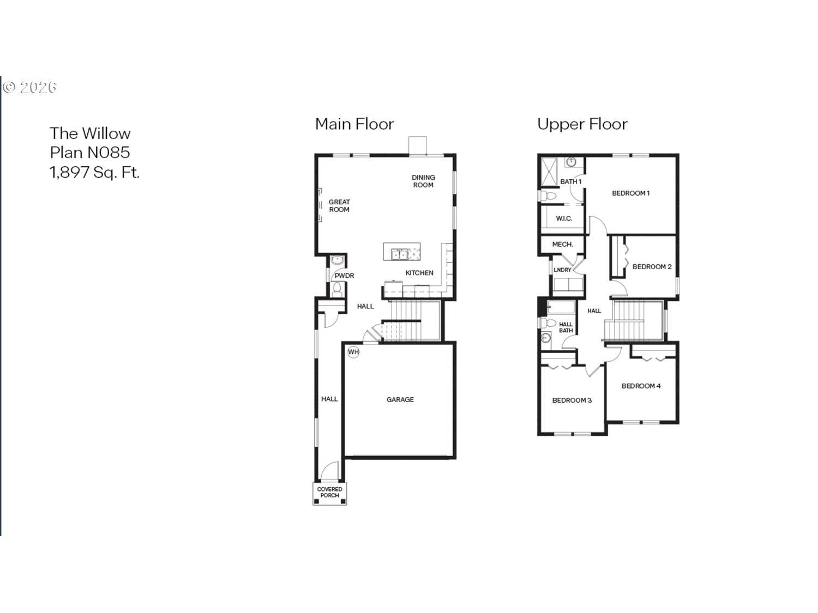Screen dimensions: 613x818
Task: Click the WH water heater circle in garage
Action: [353, 352]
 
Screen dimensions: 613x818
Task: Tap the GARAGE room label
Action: [400, 399]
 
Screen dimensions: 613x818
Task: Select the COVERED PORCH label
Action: [329, 492]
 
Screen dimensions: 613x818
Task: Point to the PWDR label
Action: [344, 276]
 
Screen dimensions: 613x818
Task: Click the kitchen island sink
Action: [399, 253]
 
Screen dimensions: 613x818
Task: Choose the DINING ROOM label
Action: [423, 181]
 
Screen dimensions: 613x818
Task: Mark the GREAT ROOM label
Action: [339, 205]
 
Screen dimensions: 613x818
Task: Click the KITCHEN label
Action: [419, 273]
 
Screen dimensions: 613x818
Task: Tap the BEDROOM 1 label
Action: [630, 193]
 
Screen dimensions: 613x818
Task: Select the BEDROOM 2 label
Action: [652, 266]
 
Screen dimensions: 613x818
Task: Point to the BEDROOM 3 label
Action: [572, 400]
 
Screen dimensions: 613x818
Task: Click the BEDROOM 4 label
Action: [641, 386]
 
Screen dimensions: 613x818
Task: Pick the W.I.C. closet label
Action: [564, 219]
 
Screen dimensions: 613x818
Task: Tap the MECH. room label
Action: [562, 245]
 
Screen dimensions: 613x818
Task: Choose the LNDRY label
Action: [562, 270]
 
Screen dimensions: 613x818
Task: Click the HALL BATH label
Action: [566, 327]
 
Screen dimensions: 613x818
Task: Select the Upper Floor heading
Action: [582, 124]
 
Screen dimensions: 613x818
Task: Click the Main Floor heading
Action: [354, 124]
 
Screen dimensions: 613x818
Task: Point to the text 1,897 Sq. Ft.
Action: [94, 172]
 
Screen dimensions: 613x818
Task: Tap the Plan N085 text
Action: [90, 153]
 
